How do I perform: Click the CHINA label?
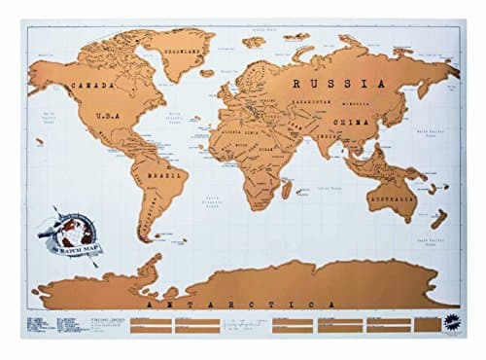(x=347, y=121)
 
